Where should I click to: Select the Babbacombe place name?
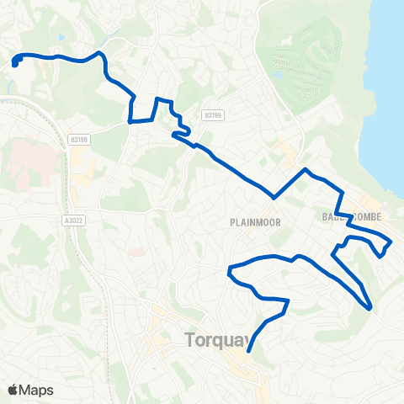click(x=352, y=217)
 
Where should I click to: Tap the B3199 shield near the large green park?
click(x=211, y=113)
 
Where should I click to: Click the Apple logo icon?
click(x=13, y=390)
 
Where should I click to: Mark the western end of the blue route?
click(x=16, y=61)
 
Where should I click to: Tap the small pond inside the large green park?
click(x=277, y=74)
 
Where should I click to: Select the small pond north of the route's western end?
click(x=61, y=37)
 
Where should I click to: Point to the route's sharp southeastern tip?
click(x=370, y=309)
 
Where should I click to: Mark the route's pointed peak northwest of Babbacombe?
click(x=306, y=169)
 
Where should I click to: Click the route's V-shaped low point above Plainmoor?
click(x=274, y=199)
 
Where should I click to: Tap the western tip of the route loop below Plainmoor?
click(x=229, y=271)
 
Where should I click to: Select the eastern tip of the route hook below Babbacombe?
click(x=390, y=243)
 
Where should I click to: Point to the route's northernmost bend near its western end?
click(x=101, y=53)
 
